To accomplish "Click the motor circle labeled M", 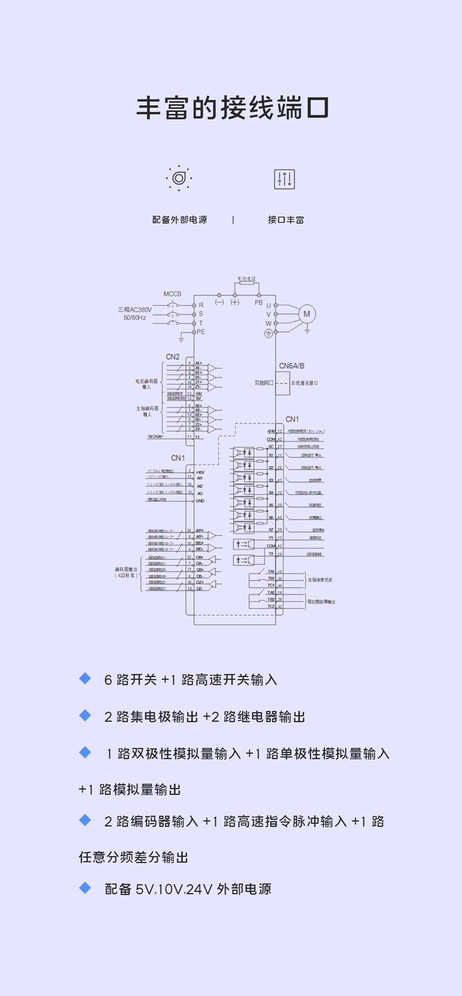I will point(307,314).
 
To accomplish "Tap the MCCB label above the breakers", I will point(172,294).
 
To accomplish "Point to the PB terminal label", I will point(259,302).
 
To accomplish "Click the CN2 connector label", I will point(172,357).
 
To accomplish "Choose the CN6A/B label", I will point(291,366).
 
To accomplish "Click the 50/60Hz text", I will point(135,318).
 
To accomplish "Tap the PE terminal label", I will point(201,332).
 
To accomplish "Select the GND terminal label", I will point(200,501).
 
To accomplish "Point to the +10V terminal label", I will point(200,472).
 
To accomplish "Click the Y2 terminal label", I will point(270,554).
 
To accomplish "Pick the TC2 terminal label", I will point(270,606).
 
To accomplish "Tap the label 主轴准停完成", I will point(320,580).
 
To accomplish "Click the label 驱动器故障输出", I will point(322,601).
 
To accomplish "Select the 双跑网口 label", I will point(264,383).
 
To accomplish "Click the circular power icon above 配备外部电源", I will point(179,178).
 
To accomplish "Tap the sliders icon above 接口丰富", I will point(285,179).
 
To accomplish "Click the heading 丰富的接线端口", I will point(232,108).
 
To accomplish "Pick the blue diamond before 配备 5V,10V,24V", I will point(86,888).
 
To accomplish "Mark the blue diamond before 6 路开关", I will point(86,678).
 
